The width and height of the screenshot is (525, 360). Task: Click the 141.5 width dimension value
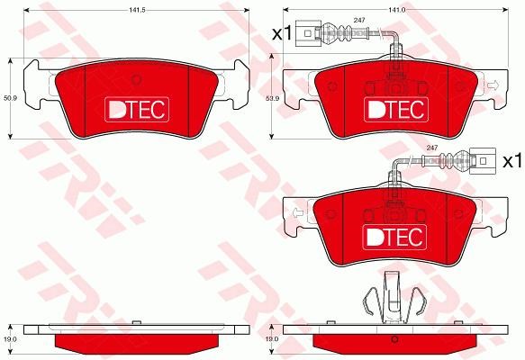(x=137, y=10)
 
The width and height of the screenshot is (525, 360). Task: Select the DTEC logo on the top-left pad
(x=137, y=110)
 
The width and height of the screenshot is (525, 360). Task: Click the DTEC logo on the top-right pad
(x=396, y=110)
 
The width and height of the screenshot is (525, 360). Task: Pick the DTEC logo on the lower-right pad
(x=394, y=238)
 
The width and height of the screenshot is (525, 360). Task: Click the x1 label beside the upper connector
(x=282, y=33)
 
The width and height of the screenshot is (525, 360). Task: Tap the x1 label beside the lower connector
(x=512, y=161)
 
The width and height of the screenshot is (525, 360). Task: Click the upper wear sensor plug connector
(x=308, y=33)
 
